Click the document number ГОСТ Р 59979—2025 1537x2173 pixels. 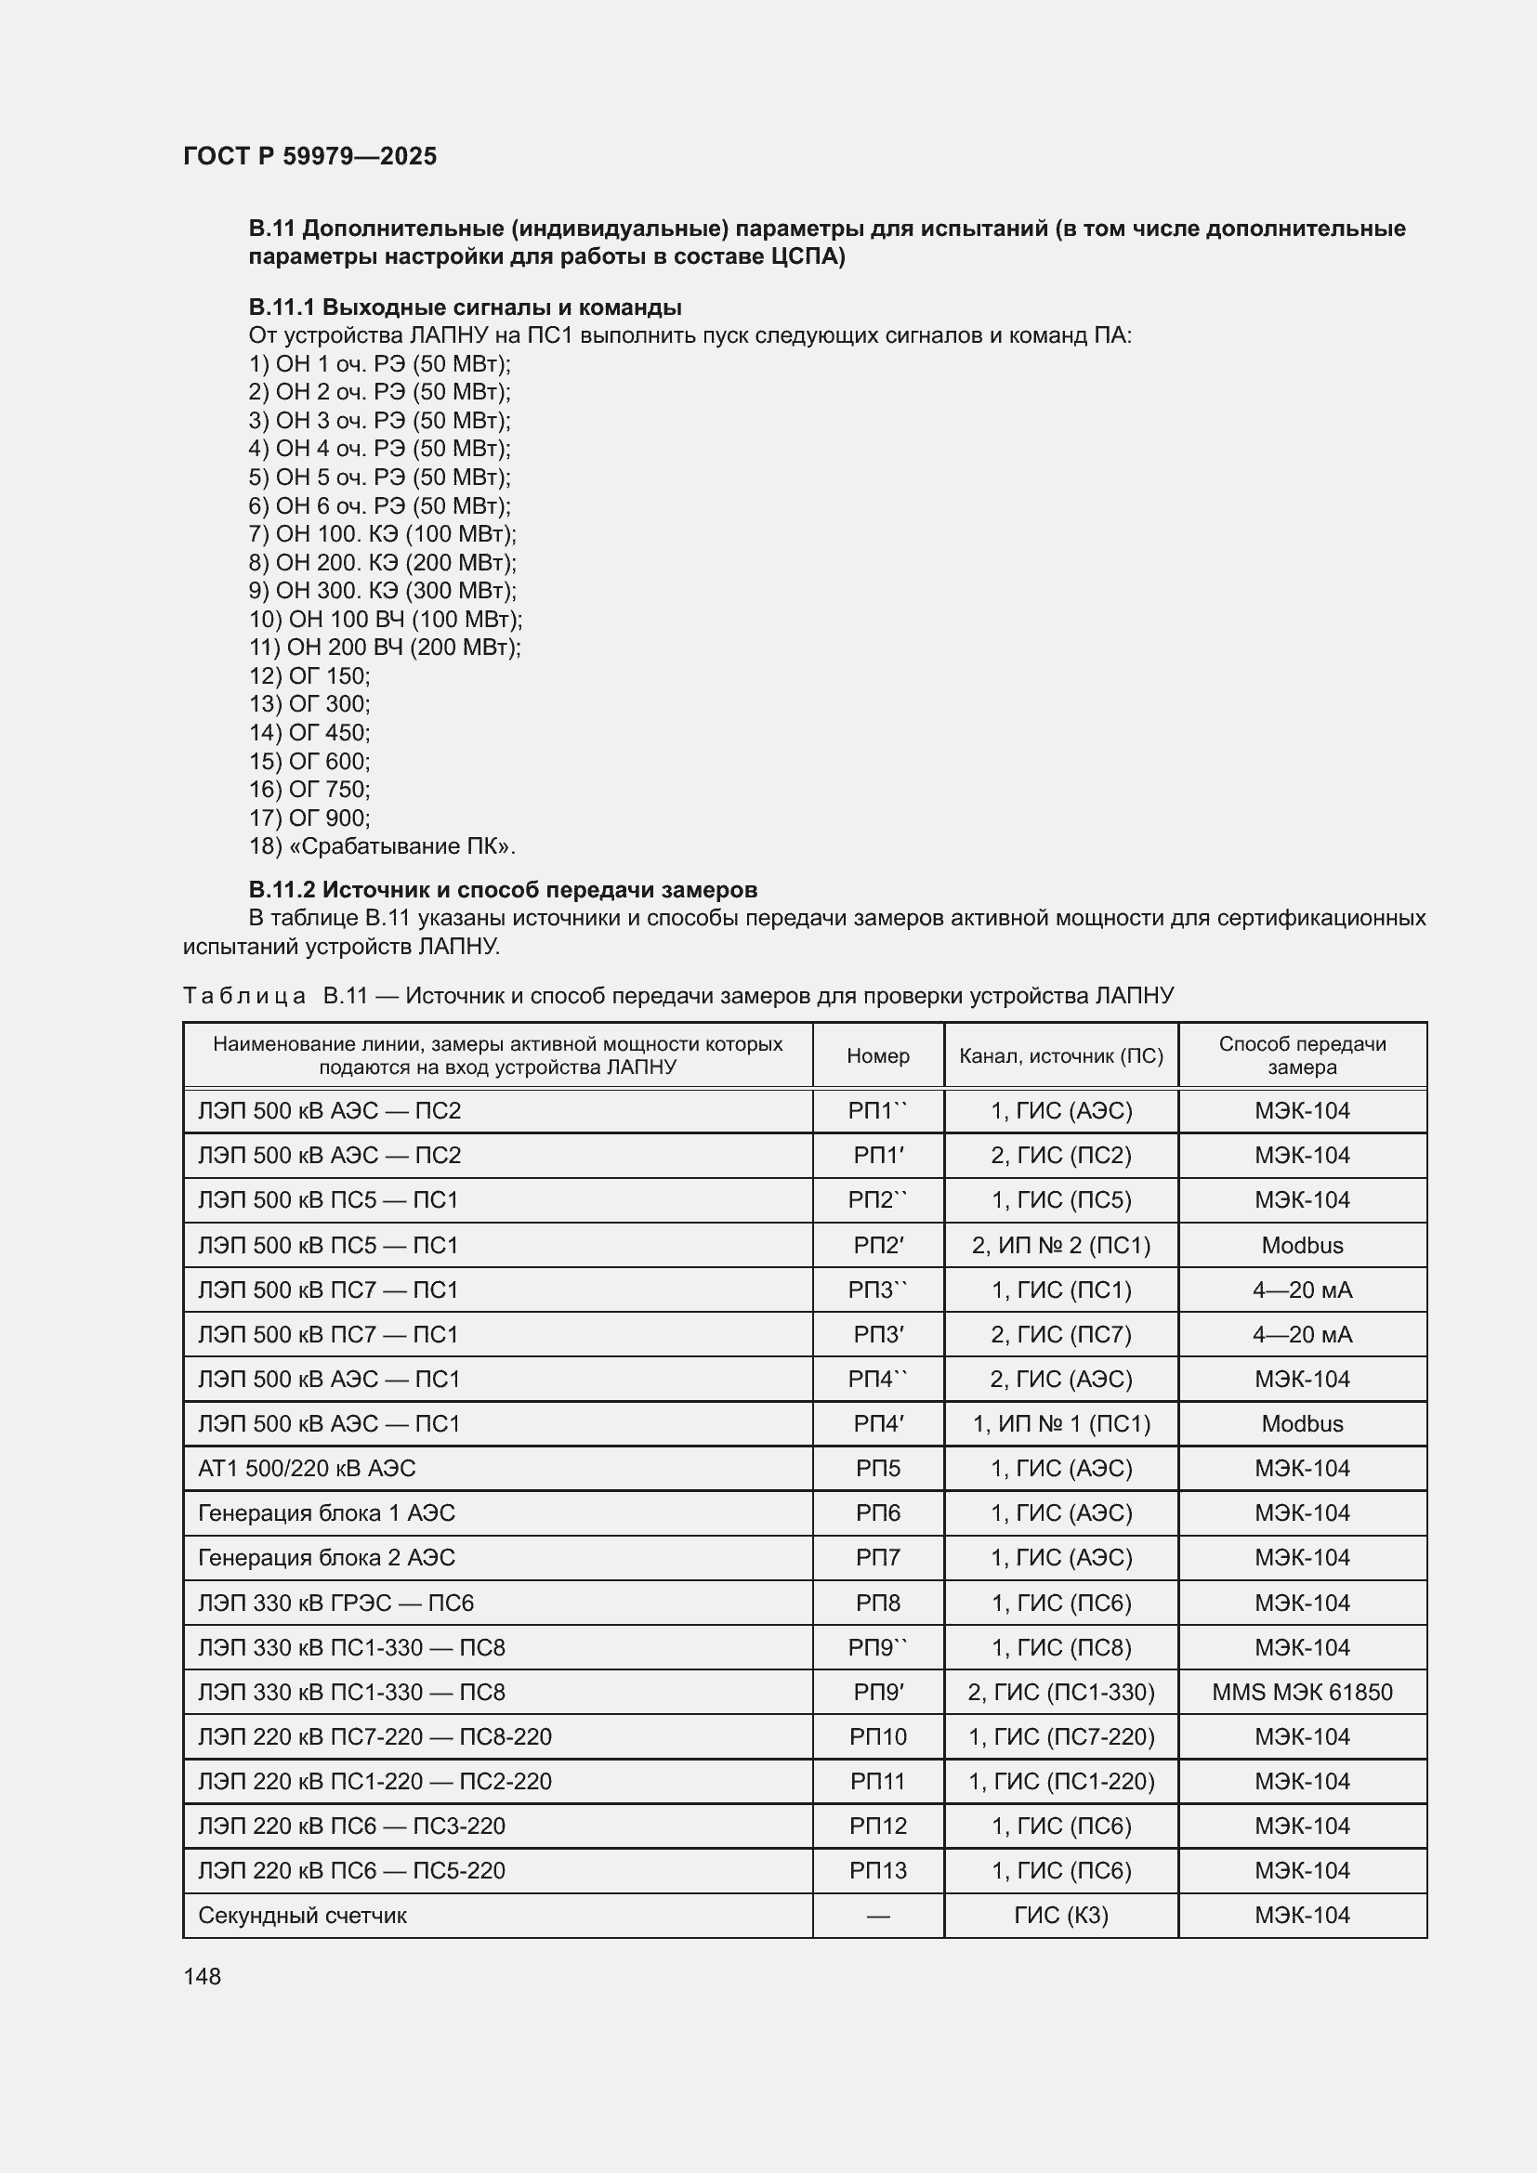(x=309, y=156)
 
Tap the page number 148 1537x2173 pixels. (x=202, y=1976)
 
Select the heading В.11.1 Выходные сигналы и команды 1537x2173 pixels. (x=465, y=307)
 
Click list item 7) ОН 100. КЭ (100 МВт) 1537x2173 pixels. (x=382, y=534)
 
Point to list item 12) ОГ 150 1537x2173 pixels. (x=309, y=675)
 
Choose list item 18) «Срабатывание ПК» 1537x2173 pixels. (x=382, y=846)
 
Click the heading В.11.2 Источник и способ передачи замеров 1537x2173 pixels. (x=503, y=890)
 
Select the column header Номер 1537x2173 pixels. (x=877, y=1055)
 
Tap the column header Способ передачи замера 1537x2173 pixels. (x=1301, y=1055)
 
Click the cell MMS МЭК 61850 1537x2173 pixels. (x=1301, y=1692)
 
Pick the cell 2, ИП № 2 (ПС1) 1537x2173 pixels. (x=1060, y=1246)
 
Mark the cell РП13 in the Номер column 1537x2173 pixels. (x=877, y=1871)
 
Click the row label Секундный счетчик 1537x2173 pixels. (x=302, y=1916)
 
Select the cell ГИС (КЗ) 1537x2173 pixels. (x=1060, y=1916)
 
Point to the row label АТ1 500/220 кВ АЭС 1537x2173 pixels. (x=307, y=1469)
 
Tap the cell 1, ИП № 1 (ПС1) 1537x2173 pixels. (x=1060, y=1424)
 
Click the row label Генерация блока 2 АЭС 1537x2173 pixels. (x=326, y=1558)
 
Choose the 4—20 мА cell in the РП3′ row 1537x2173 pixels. (x=1301, y=1334)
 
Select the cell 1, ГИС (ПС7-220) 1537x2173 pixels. (x=1060, y=1736)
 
